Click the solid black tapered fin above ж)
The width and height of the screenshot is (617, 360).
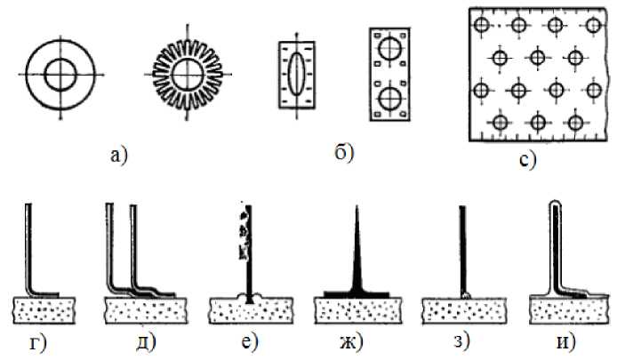click(x=356, y=258)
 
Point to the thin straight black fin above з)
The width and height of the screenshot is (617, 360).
click(x=462, y=249)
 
